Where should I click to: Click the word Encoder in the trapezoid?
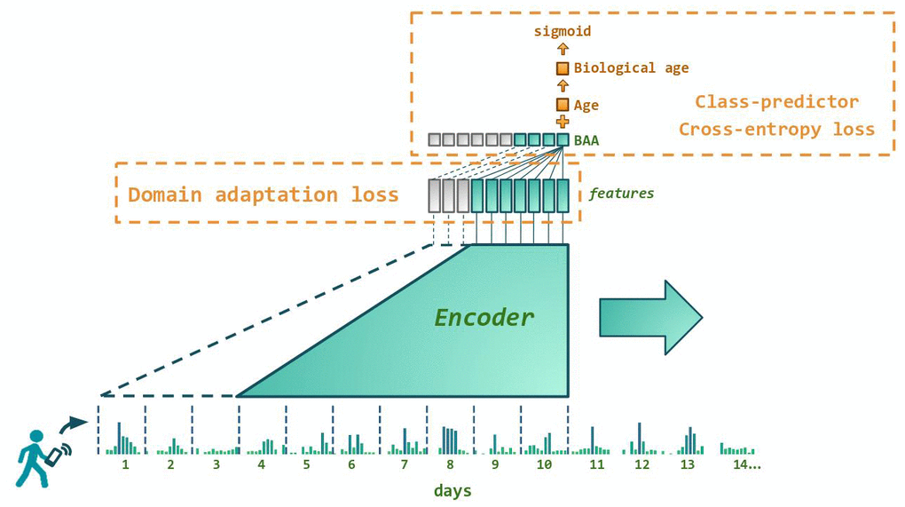click(484, 317)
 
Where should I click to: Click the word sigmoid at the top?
click(562, 31)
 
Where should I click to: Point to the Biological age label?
click(631, 67)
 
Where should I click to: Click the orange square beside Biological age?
click(563, 68)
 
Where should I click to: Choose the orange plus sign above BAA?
click(563, 122)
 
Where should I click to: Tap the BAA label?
click(586, 139)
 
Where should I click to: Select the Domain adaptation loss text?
click(264, 194)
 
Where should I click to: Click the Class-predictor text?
click(776, 101)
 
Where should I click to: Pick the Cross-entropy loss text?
click(776, 129)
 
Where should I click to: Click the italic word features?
click(621, 193)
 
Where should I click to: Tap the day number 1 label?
click(125, 464)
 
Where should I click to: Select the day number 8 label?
click(450, 464)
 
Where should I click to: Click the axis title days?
click(452, 490)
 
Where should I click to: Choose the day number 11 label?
click(596, 464)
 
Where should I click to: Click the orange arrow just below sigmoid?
click(563, 50)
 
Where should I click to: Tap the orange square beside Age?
click(563, 105)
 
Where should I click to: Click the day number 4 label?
click(261, 464)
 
